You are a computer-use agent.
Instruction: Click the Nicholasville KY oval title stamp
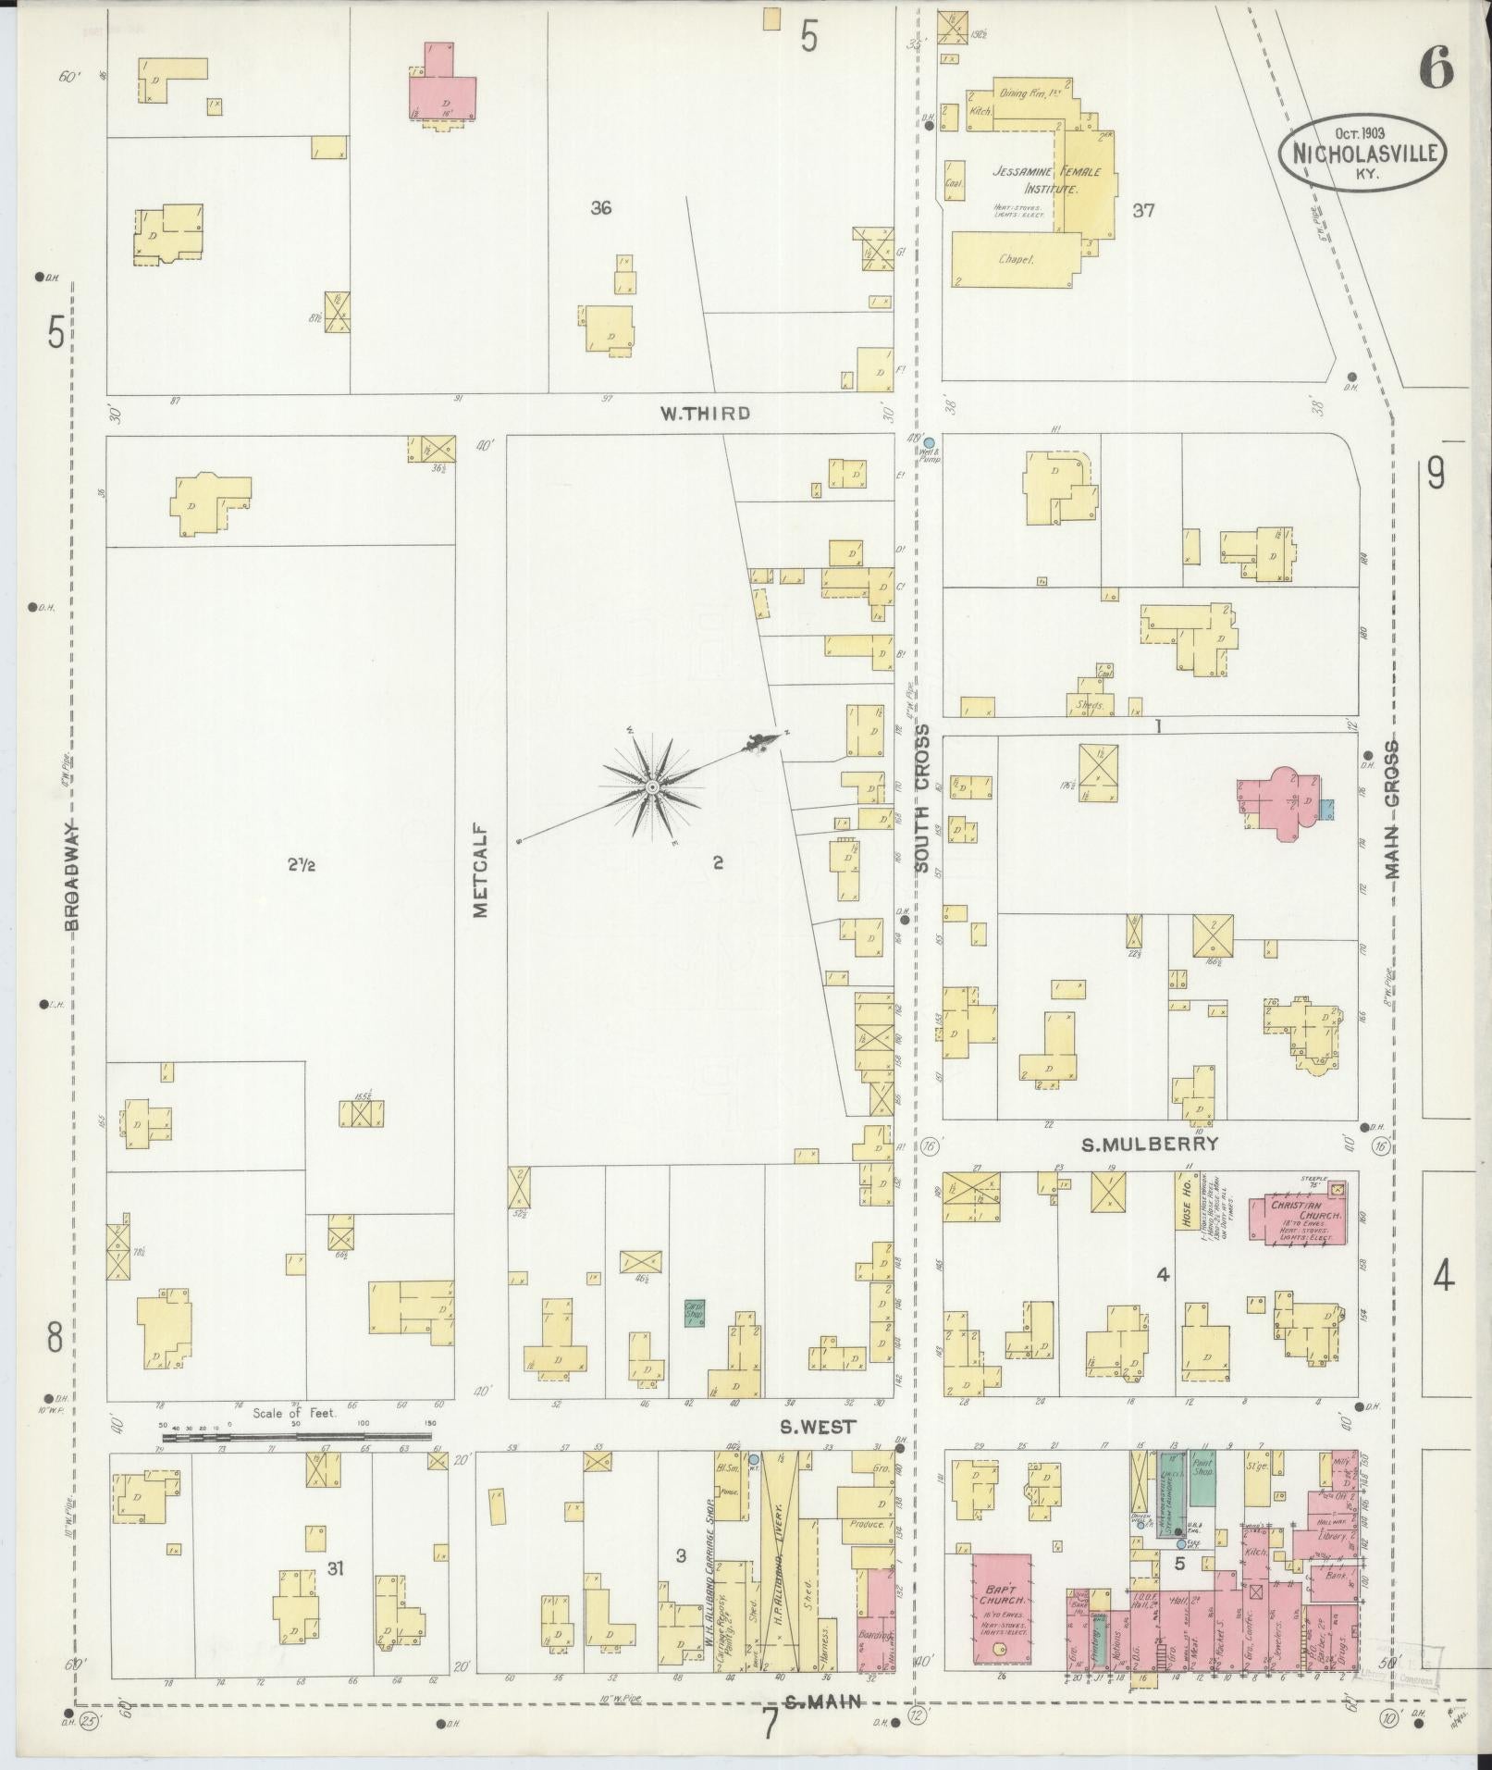(1363, 153)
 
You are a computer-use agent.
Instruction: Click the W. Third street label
(704, 413)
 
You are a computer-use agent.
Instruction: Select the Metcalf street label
(481, 869)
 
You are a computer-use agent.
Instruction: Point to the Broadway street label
(73, 873)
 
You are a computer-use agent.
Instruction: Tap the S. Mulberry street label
(1150, 1145)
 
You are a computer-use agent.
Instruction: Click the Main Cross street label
(1392, 811)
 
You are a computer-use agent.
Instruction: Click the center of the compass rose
(652, 786)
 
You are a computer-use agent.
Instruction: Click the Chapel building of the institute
(1016, 260)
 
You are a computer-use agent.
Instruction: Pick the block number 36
(600, 208)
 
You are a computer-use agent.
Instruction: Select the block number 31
(335, 1566)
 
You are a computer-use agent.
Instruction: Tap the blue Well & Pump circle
(929, 442)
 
